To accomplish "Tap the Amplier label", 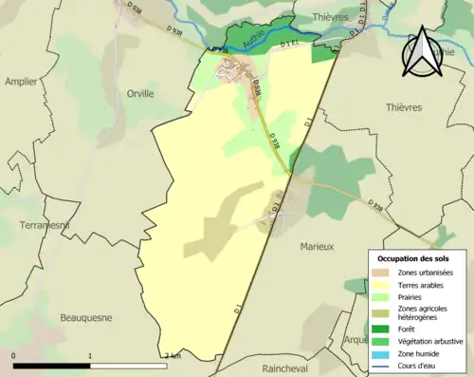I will (x=21, y=82).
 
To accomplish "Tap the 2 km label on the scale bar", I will (x=172, y=356).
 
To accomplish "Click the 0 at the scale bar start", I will (x=13, y=356).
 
